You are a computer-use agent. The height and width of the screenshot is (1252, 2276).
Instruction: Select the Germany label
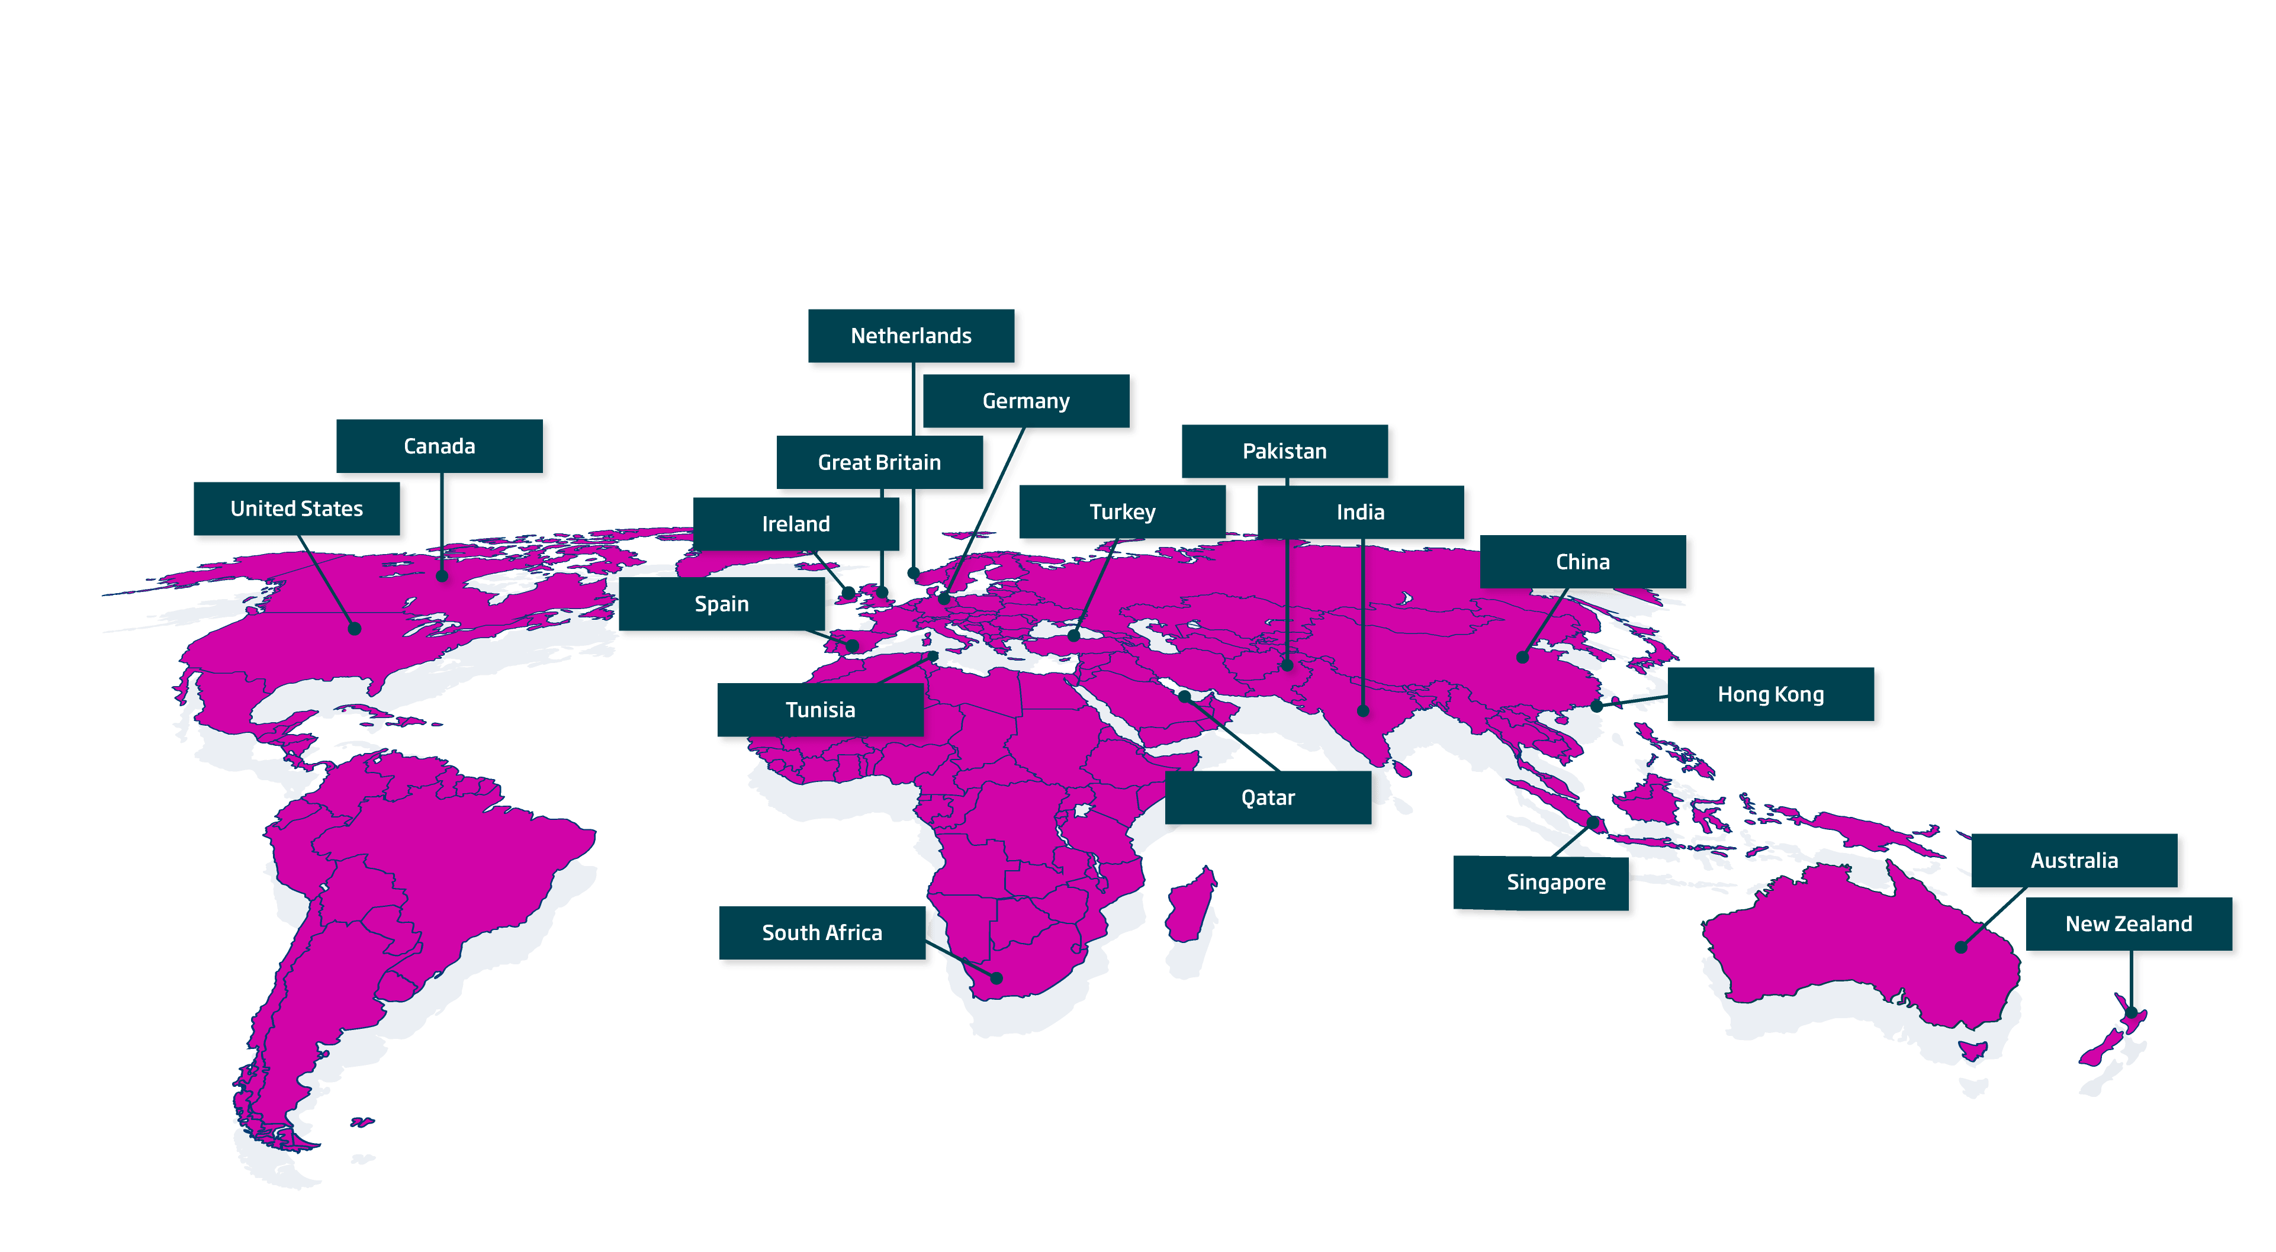pos(1026,402)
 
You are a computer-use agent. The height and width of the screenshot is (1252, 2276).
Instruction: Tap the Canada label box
pos(439,447)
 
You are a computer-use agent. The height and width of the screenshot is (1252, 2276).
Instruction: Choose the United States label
pos(297,509)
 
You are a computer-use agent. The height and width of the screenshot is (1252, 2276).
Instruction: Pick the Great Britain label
pos(879,462)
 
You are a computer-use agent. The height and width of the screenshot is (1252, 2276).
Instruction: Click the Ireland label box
pos(795,524)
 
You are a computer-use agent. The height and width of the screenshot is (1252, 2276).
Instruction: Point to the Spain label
pos(721,604)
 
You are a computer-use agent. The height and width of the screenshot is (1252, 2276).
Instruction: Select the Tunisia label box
pos(820,710)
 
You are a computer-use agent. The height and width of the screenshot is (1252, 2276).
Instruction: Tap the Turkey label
pos(1122,513)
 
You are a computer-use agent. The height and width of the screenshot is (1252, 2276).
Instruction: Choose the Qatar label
pos(1268,798)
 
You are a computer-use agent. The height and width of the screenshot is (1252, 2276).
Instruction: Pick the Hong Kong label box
pos(1770,694)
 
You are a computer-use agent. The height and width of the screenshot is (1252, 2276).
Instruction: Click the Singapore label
pos(1556,883)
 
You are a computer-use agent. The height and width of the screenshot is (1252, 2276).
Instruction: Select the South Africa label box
pos(822,933)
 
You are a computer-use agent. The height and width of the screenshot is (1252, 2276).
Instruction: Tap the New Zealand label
pos(2129,924)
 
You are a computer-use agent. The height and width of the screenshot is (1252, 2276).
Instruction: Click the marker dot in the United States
pos(354,629)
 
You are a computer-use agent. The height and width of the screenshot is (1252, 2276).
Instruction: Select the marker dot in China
pos(1522,657)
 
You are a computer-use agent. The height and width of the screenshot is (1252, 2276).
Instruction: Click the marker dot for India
pos(1364,710)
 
